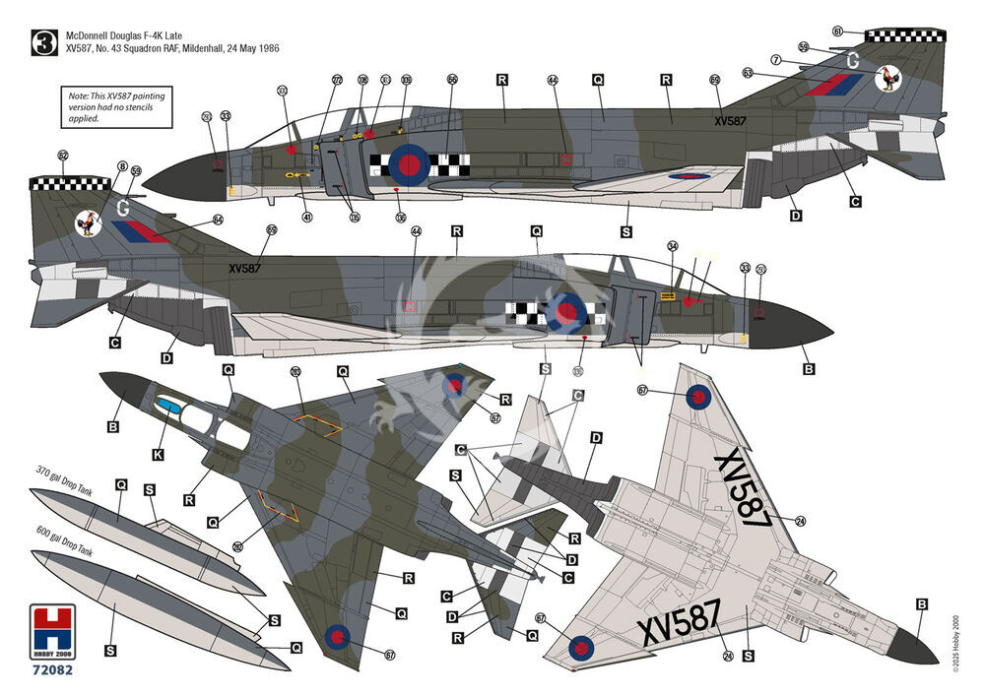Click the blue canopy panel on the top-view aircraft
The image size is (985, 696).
[169, 406]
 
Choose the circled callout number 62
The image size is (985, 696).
[64, 156]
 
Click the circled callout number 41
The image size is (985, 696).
[307, 217]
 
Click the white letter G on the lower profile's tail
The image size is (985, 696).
[123, 207]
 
